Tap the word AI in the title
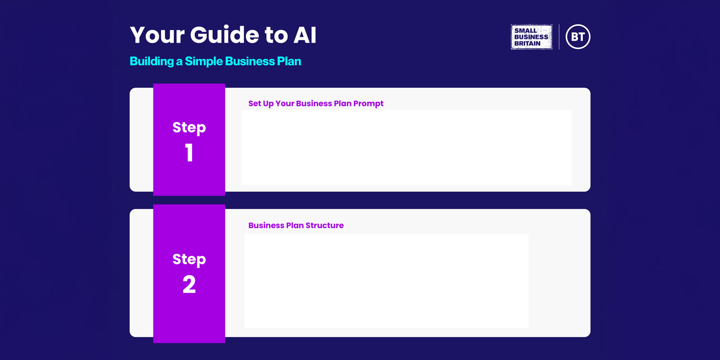[x=305, y=35]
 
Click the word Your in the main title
[x=157, y=35]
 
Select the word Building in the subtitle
[x=152, y=61]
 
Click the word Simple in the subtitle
[x=204, y=61]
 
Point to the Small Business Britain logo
[x=531, y=37]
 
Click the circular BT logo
[x=578, y=37]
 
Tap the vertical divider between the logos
[x=559, y=37]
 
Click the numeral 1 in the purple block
[x=189, y=153]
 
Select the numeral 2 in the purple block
[x=189, y=284]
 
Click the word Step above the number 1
[x=189, y=127]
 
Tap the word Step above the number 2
[x=189, y=259]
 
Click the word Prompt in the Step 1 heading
[x=368, y=103]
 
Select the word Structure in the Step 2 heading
[x=324, y=225]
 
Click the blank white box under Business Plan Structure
[x=386, y=281]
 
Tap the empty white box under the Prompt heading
[x=406, y=148]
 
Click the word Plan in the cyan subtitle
[x=289, y=61]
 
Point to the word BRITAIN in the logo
[x=527, y=44]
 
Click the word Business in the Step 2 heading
[x=266, y=225]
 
